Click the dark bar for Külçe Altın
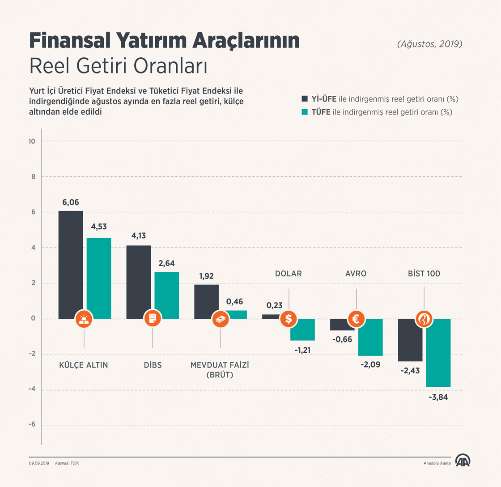click(x=71, y=264)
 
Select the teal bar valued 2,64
click(x=166, y=295)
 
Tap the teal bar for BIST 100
click(x=438, y=352)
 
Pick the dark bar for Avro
click(x=342, y=325)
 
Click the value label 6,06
click(x=71, y=202)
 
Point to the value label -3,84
click(x=439, y=397)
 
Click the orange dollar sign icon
click(x=289, y=319)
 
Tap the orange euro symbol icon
click(x=357, y=319)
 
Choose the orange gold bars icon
click(x=84, y=319)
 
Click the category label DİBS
click(x=153, y=365)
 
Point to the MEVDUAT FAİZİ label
click(x=220, y=365)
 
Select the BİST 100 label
click(x=424, y=273)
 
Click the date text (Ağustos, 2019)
click(x=429, y=44)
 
